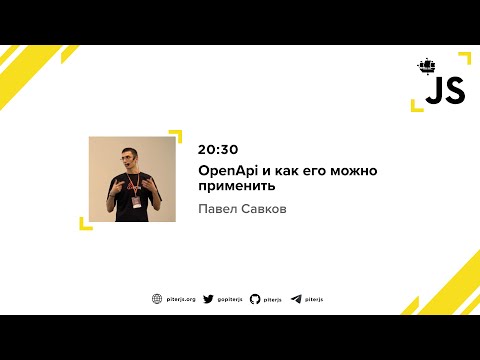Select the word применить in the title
(x=236, y=186)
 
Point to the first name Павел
(x=217, y=210)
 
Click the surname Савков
(x=265, y=210)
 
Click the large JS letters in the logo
(x=445, y=92)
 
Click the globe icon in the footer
(x=157, y=298)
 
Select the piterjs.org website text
(x=181, y=298)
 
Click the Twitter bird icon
(x=208, y=298)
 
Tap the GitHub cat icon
(x=255, y=298)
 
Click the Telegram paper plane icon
(x=296, y=298)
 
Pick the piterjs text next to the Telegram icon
(x=315, y=298)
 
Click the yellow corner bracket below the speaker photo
(x=85, y=223)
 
